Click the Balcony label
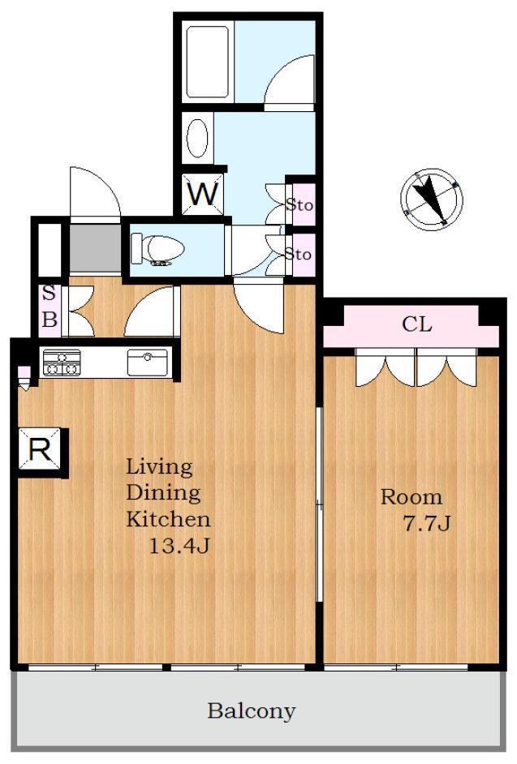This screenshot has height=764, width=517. pos(251,711)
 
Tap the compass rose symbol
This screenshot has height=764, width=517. pos(432,200)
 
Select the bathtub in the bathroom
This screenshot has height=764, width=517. pos(207,62)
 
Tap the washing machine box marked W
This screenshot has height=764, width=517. pos(202,194)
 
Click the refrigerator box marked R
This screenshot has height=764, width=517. pos(40,449)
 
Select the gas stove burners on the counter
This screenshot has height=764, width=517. pos(62,363)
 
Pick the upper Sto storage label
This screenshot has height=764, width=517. pos(299,204)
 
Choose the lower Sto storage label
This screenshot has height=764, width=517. pos(298,254)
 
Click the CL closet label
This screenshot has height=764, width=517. pos(417,324)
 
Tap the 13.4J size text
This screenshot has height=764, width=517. pos(179,546)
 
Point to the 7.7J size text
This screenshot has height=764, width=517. pos(425,523)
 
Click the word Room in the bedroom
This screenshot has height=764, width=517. pos(411,497)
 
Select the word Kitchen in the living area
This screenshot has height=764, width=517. pos(168,519)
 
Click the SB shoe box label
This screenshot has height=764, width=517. pos(50,307)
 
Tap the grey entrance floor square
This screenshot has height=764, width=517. pos(95,248)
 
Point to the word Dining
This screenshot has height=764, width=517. pos(163,493)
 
